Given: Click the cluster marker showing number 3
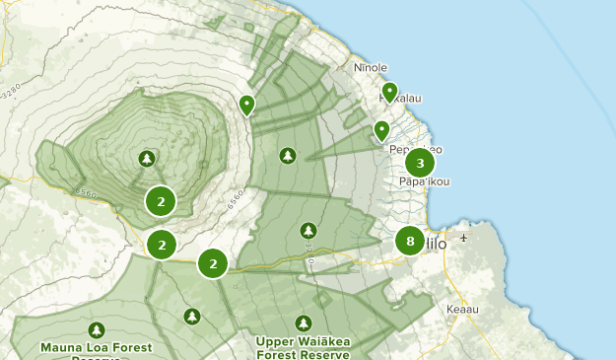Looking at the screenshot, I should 420,163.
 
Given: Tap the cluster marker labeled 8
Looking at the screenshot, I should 410,241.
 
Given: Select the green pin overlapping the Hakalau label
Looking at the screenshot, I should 389,93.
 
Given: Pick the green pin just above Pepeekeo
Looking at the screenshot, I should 381,130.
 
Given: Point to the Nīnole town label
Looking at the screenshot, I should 371,68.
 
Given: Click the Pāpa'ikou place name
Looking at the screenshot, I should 425,181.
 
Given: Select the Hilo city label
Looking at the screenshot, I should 436,244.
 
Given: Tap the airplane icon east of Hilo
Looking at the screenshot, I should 464,238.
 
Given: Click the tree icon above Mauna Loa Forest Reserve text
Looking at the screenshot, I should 96,329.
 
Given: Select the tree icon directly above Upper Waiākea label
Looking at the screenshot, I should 304,323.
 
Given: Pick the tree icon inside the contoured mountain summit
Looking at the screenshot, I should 147,158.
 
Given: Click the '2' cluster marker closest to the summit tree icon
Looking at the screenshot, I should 161,201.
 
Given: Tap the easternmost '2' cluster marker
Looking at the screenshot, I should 213,263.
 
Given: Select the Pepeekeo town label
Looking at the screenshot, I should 415,149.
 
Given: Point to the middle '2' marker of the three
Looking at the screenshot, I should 162,244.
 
